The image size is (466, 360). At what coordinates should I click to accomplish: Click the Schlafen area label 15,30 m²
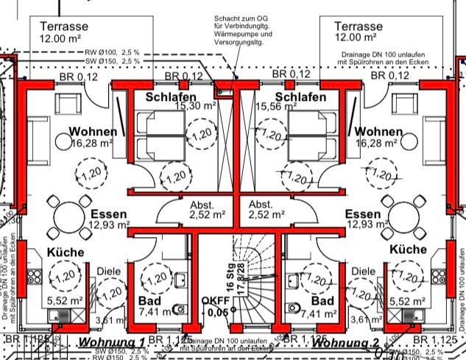pos(194,106)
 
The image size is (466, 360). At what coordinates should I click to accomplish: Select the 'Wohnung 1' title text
pos(112,343)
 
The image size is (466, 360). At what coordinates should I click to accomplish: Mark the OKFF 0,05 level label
pos(217,306)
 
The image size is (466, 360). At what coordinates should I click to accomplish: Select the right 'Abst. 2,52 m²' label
pos(266,210)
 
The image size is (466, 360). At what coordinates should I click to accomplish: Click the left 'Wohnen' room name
pos(93,132)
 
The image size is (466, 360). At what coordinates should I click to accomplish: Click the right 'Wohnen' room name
pos(379,132)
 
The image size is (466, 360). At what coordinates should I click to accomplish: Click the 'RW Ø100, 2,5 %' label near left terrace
pos(112,52)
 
